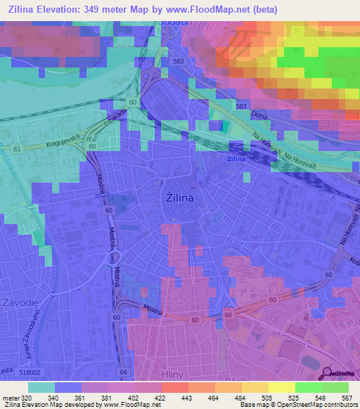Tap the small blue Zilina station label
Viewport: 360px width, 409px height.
(x=236, y=160)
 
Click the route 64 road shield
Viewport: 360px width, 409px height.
(x=123, y=371)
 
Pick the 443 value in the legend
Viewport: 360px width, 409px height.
(x=186, y=397)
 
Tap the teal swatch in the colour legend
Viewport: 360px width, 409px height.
(x=41, y=387)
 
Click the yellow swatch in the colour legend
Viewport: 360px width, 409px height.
(x=281, y=387)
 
